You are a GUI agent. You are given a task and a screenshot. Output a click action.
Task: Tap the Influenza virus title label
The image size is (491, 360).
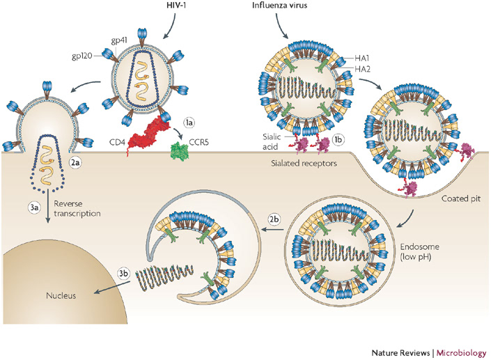(280, 5)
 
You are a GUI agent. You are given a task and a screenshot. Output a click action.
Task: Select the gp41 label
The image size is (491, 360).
(119, 40)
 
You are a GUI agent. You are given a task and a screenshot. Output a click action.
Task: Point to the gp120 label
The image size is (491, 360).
(82, 56)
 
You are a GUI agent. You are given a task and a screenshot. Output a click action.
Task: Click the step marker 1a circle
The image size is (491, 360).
(189, 123)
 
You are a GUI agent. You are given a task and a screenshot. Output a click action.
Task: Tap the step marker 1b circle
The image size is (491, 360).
(338, 139)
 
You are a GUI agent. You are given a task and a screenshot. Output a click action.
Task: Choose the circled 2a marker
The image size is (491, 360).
(75, 162)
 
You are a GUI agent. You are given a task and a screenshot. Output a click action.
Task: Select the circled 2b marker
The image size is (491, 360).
(274, 219)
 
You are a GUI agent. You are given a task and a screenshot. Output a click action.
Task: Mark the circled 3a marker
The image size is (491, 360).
(34, 208)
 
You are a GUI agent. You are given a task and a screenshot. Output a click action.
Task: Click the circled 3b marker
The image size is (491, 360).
(123, 273)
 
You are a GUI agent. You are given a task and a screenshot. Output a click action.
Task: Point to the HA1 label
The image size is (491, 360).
(362, 58)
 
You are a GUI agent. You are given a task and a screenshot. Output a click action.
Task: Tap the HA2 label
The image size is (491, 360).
(363, 69)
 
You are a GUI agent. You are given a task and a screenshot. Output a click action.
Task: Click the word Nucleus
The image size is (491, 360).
(61, 295)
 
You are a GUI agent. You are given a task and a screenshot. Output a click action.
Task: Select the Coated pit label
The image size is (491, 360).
(461, 198)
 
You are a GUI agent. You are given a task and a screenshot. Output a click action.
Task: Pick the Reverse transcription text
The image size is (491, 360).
(77, 208)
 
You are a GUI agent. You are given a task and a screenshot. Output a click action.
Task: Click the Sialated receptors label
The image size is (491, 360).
(304, 163)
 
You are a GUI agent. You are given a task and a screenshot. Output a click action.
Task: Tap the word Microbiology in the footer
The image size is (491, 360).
(461, 353)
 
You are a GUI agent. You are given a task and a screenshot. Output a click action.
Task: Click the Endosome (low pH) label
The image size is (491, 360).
(419, 252)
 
